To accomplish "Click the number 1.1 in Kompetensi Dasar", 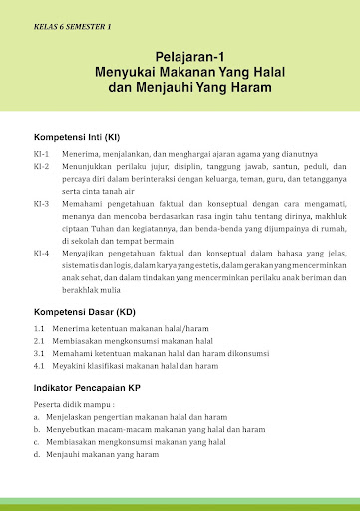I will pos(39,328).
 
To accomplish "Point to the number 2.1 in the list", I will pos(39,340).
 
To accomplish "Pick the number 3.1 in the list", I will pos(39,352).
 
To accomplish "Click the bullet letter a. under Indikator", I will pos(36,417).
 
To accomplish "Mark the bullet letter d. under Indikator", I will pos(36,454).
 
